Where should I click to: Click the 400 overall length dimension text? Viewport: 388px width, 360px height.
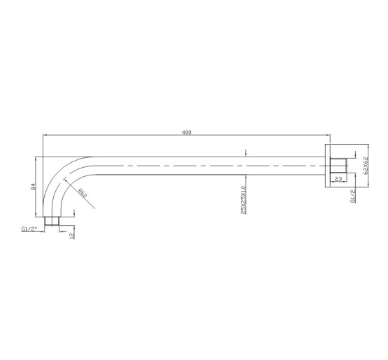pyautogui.click(x=187, y=132)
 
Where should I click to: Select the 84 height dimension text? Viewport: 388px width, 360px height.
pyautogui.click(x=33, y=187)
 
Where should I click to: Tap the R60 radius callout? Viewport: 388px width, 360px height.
pyautogui.click(x=82, y=193)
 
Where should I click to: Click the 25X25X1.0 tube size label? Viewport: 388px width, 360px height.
pyautogui.click(x=243, y=200)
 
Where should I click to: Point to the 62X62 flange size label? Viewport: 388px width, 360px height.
pyautogui.click(x=366, y=166)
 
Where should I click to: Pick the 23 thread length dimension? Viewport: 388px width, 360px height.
pyautogui.click(x=338, y=179)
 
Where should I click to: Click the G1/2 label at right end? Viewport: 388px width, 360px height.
pyautogui.click(x=353, y=196)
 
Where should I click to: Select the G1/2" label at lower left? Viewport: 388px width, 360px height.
pyautogui.click(x=29, y=229)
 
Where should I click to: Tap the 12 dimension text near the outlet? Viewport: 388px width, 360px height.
pyautogui.click(x=72, y=236)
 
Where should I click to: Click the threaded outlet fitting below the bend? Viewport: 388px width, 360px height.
pyautogui.click(x=52, y=221)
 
